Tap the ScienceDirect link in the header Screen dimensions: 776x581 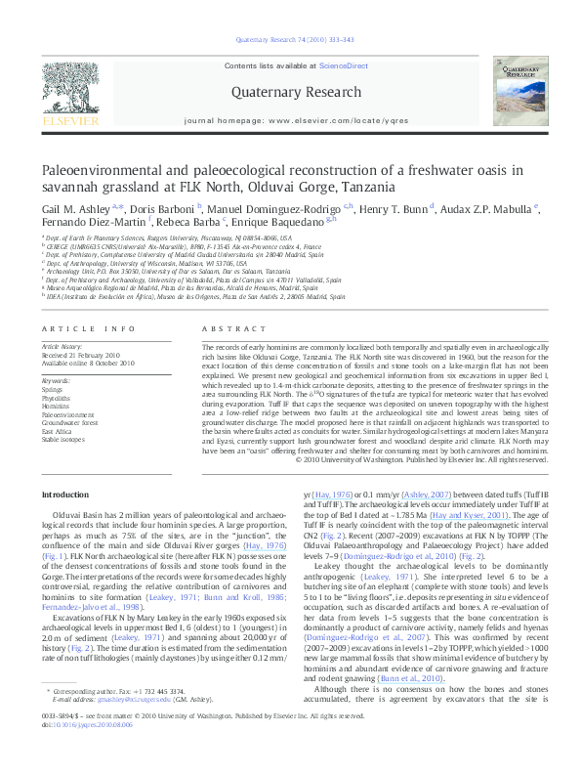pos(344,65)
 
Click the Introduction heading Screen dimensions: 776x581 pos(64,495)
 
